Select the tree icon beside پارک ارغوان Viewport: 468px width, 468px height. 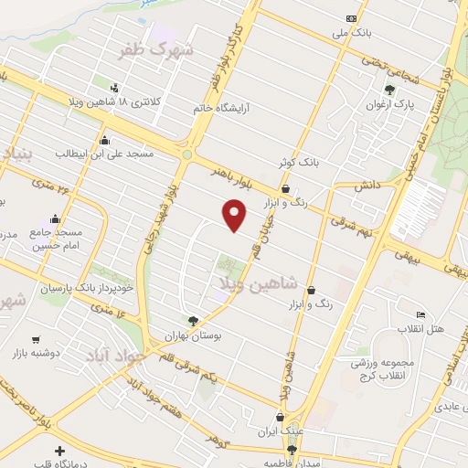pyautogui.click(x=390, y=90)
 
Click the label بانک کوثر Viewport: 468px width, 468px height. pyautogui.click(x=301, y=163)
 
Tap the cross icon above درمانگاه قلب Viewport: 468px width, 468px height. pyautogui.click(x=60, y=452)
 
